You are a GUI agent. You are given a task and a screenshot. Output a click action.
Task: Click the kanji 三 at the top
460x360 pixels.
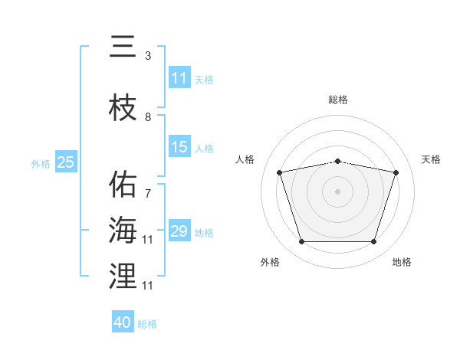[123, 46]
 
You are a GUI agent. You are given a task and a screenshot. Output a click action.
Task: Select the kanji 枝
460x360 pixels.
[123, 107]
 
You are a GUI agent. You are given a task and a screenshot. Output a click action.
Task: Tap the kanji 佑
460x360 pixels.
[123, 184]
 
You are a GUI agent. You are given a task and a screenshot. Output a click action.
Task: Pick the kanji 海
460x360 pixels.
[123, 230]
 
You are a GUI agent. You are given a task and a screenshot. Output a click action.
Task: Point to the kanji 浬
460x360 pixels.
[123, 276]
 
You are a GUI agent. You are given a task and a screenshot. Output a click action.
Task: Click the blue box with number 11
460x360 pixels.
[179, 77]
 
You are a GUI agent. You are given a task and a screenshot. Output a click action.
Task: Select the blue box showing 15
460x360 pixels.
[179, 146]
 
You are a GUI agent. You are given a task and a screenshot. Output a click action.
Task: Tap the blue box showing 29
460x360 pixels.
[179, 230]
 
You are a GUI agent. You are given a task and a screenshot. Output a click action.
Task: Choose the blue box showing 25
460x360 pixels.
[66, 162]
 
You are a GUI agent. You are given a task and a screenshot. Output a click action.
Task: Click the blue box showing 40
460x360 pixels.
[123, 321]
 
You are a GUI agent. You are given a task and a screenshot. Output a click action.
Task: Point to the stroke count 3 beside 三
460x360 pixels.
[148, 56]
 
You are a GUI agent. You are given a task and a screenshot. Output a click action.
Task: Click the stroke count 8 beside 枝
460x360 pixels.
[148, 117]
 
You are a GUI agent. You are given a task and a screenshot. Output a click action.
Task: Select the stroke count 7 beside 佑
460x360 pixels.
[148, 194]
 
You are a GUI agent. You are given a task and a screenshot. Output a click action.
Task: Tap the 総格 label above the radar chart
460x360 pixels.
[337, 100]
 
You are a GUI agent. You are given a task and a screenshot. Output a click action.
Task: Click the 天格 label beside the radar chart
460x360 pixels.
[431, 159]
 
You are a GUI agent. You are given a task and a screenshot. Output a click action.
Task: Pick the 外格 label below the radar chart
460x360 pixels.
[270, 262]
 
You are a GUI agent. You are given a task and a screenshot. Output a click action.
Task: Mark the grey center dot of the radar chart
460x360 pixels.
[337, 191]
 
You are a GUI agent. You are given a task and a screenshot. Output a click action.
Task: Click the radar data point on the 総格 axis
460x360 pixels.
[337, 162]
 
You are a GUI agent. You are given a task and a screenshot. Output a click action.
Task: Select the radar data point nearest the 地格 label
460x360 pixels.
[373, 242]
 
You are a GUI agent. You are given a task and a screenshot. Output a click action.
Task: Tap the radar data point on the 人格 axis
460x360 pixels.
[279, 172]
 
